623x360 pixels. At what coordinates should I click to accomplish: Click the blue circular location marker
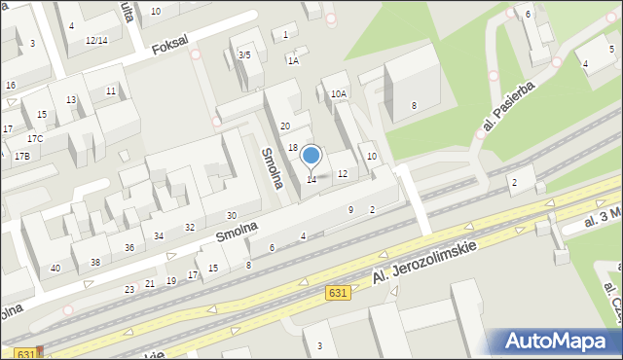[311, 156]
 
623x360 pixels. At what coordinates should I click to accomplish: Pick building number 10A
[338, 94]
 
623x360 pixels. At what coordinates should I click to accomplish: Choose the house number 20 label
[285, 126]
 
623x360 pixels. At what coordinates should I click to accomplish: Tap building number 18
[293, 148]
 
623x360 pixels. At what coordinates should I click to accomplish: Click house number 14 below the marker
[311, 180]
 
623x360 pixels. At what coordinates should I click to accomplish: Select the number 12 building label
[342, 173]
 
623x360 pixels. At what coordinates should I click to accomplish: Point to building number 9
[350, 210]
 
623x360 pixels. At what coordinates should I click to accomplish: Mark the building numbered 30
[231, 215]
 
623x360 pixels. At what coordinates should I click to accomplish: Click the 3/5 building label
[244, 55]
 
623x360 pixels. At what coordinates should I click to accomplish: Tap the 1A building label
[292, 60]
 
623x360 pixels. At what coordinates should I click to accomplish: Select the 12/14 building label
[96, 40]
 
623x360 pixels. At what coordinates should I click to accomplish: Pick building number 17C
[35, 139]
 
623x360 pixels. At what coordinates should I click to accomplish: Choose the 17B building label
[21, 156]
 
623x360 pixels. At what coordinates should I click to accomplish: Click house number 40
[55, 268]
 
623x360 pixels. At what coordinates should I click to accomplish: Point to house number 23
[129, 290]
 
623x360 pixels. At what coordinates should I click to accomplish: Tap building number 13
[71, 100]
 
